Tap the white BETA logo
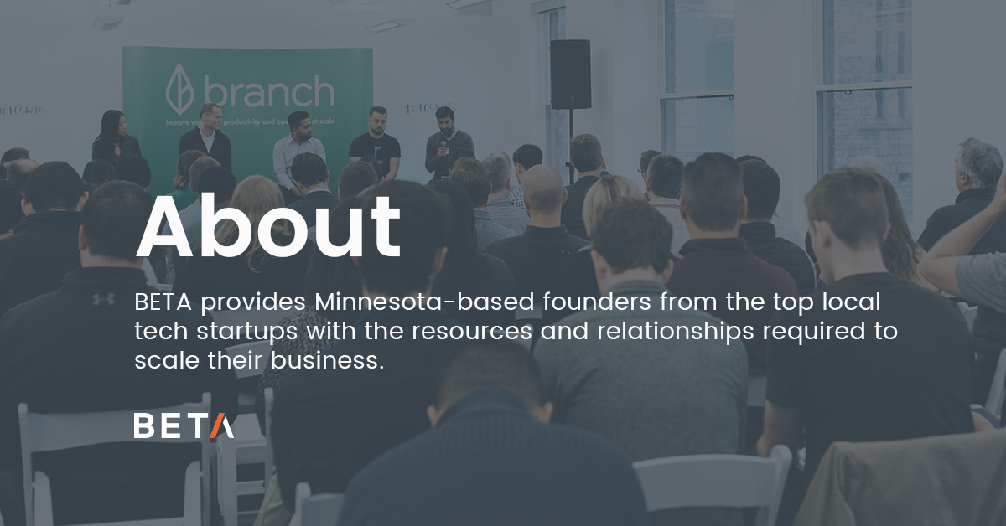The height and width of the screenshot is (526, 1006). (184, 425)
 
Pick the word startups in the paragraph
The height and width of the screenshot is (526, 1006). (245, 333)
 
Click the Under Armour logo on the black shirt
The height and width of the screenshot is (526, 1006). (103, 298)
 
